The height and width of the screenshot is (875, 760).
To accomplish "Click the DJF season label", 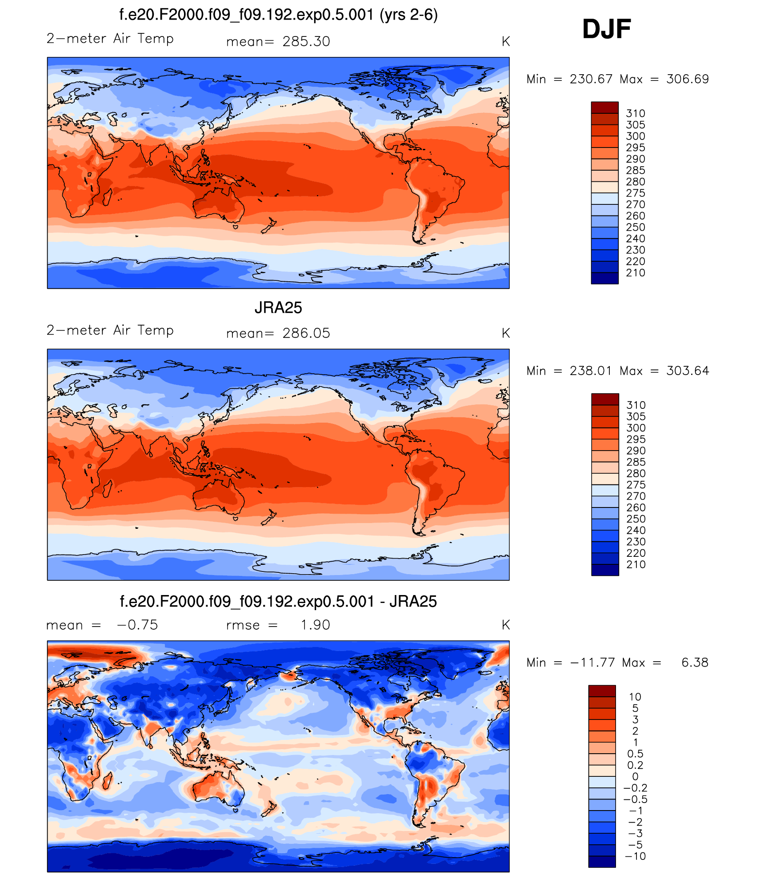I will click(606, 29).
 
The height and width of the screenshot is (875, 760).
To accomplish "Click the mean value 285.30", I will click(306, 41).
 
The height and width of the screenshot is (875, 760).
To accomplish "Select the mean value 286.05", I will click(306, 333).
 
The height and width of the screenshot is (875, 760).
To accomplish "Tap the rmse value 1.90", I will click(316, 625).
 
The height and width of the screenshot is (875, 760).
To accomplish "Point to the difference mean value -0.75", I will click(137, 625).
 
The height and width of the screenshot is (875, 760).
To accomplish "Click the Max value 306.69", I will click(688, 79).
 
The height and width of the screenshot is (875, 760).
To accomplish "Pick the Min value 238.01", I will click(591, 371).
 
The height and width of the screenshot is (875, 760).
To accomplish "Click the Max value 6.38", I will click(695, 663).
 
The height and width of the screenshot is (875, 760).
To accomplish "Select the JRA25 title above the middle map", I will click(278, 308).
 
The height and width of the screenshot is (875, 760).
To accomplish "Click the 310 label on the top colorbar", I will click(636, 113).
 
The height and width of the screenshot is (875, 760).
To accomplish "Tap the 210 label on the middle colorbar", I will click(636, 564).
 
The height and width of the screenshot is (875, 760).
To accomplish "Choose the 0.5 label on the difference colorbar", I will click(635, 754).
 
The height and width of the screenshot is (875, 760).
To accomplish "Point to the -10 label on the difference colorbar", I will click(635, 856).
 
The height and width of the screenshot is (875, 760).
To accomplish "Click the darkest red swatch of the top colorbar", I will click(604, 107).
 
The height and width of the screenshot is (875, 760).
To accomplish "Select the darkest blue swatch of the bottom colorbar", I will click(602, 862).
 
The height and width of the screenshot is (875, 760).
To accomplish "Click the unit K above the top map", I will click(505, 42).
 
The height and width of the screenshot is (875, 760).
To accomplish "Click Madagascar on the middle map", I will click(108, 488).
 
